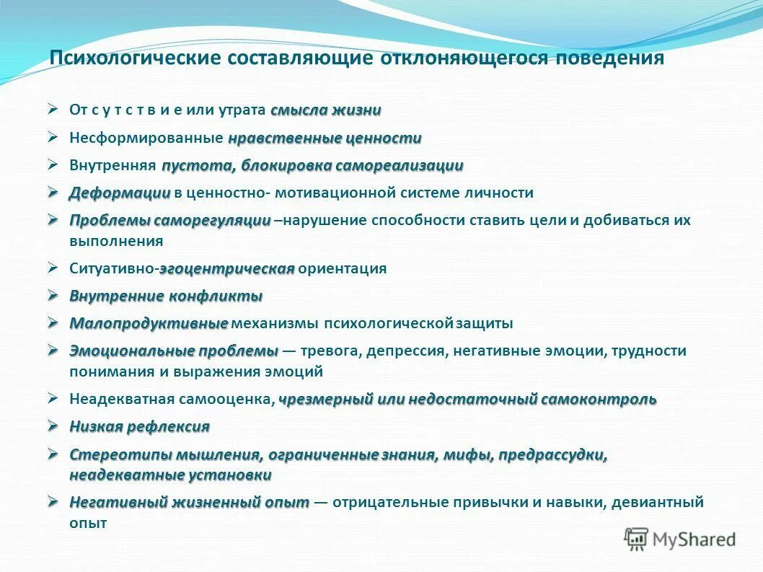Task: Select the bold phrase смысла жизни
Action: point(326,110)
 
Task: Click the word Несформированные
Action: point(146,138)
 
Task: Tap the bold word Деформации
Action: point(120,193)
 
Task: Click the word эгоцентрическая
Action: point(226,268)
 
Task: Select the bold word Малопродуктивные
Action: point(149,323)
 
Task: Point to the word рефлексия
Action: point(168,426)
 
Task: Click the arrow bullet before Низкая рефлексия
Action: point(53,426)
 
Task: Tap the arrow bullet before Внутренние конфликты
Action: point(53,296)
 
